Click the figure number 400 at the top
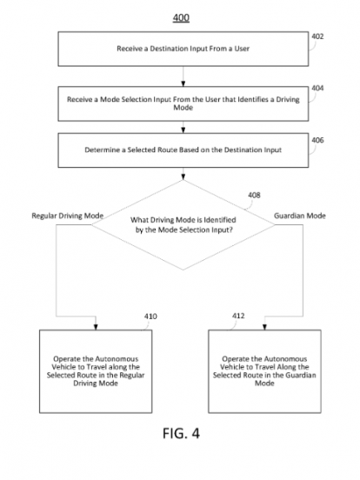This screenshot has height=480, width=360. [181, 17]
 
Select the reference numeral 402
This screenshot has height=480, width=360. [317, 37]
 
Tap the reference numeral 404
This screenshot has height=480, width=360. [317, 88]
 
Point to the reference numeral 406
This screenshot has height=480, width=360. [317, 140]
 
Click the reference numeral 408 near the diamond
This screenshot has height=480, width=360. [254, 195]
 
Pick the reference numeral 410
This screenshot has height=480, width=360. [150, 317]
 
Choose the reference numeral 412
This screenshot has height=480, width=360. [238, 316]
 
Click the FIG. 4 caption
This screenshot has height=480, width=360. [181, 433]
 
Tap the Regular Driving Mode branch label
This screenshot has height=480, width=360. [68, 216]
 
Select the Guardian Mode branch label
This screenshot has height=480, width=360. [300, 216]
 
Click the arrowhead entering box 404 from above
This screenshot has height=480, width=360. [183, 83]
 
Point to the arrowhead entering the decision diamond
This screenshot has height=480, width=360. [183, 177]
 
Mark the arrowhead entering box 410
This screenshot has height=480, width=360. [96, 327]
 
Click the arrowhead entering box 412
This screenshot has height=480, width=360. [265, 327]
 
